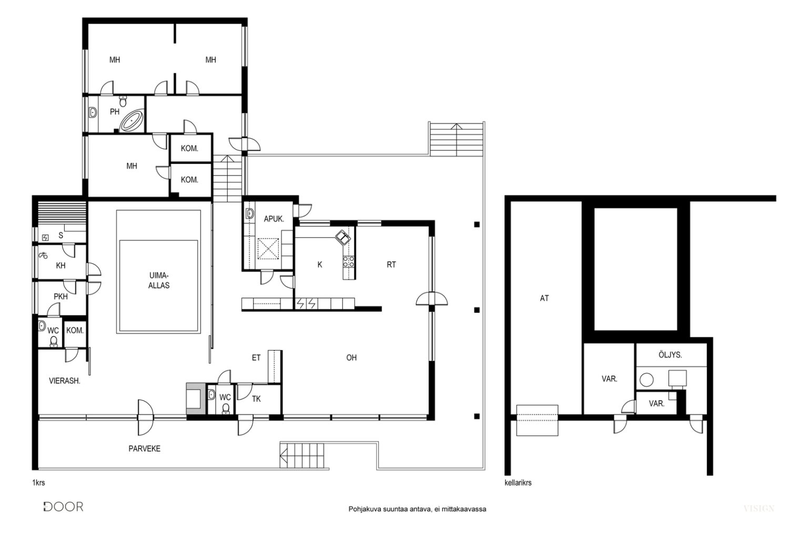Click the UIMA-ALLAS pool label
click(159, 281)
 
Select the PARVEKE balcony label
click(144, 449)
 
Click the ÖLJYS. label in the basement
click(670, 355)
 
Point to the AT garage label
click(544, 298)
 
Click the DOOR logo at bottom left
click(64, 506)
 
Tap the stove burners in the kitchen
click(348, 261)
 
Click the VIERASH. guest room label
click(65, 380)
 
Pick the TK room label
click(256, 399)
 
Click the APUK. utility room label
click(274, 219)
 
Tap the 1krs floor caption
click(38, 482)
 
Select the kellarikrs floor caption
click(518, 482)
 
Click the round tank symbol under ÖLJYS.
click(647, 380)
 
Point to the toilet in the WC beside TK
click(226, 408)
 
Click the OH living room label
click(351, 357)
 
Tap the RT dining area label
click(391, 264)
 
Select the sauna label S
click(60, 235)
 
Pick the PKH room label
click(60, 296)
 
